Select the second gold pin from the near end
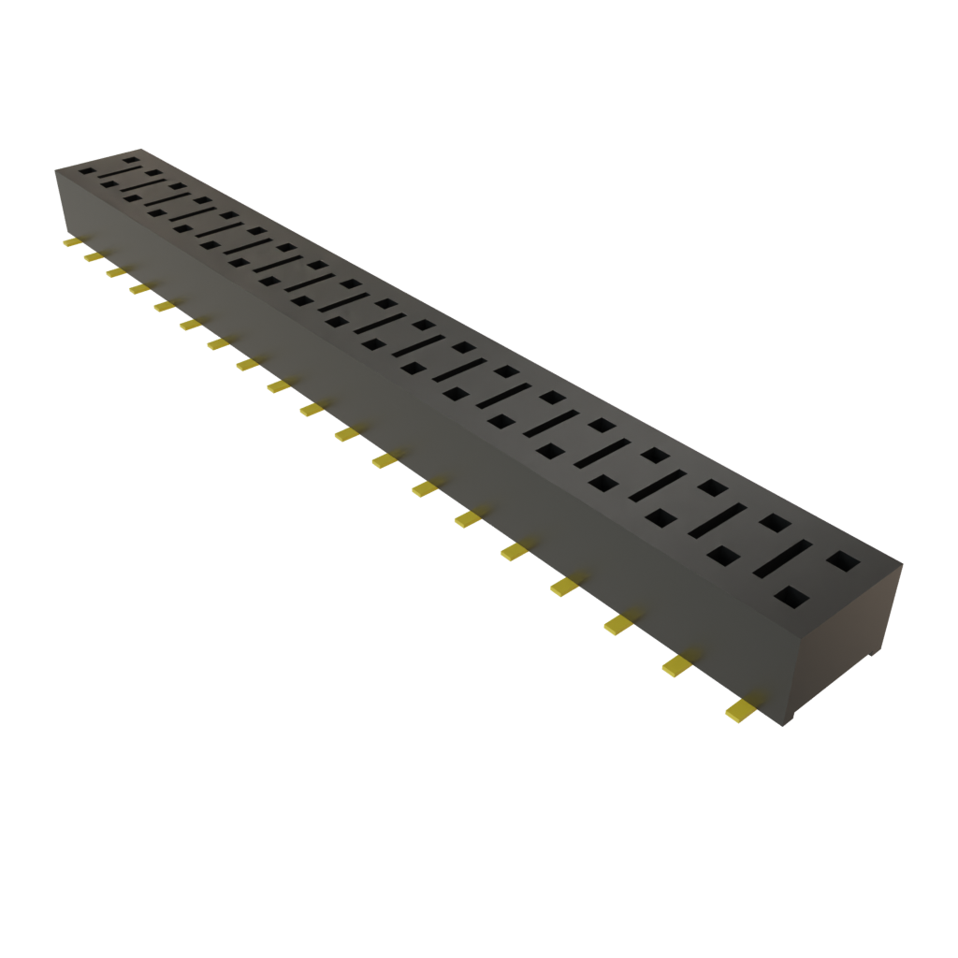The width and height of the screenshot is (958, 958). click(677, 664)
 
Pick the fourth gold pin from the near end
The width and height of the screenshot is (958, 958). click(564, 586)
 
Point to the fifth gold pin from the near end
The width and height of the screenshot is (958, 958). click(514, 551)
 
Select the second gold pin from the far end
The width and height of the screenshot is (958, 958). click(92, 256)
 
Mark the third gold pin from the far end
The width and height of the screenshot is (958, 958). click(114, 271)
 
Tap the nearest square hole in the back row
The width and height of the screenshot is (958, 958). click(844, 560)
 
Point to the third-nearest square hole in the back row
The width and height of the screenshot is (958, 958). click(713, 487)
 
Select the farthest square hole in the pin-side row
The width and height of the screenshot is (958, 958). click(87, 171)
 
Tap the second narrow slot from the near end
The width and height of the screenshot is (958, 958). click(717, 520)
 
